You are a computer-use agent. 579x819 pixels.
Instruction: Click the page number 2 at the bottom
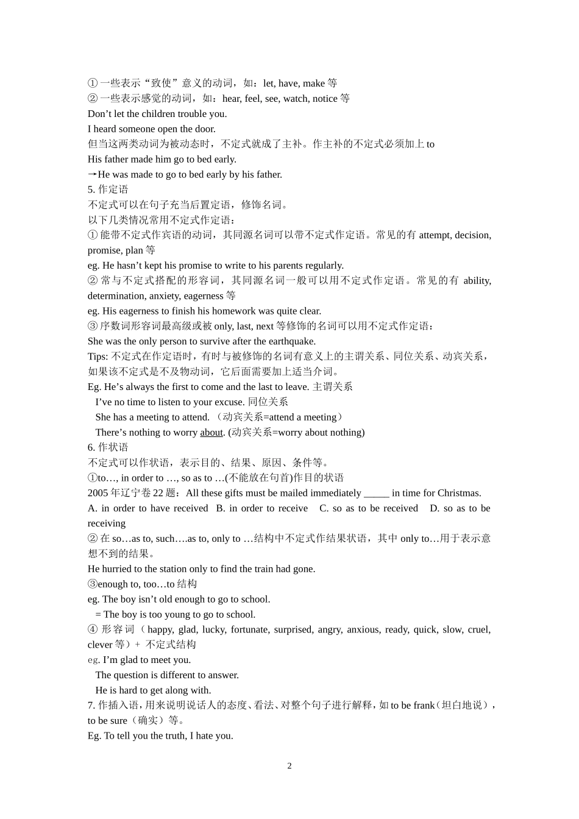(289, 766)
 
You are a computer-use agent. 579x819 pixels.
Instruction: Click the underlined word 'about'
(211, 433)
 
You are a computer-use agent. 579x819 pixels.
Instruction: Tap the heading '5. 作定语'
(108, 190)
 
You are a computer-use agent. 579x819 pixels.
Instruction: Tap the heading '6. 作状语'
(108, 447)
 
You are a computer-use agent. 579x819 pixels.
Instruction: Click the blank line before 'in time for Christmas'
(376, 493)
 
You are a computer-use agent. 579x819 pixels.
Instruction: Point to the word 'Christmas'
(458, 493)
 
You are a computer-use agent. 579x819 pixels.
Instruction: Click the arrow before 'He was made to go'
(93, 174)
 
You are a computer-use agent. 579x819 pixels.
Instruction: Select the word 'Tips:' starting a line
(98, 356)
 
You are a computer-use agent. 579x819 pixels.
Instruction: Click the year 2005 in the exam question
(98, 493)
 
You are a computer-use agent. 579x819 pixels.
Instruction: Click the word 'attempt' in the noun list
(435, 235)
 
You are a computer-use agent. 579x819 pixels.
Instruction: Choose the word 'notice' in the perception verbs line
(325, 99)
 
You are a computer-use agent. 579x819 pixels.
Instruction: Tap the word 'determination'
(115, 296)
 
